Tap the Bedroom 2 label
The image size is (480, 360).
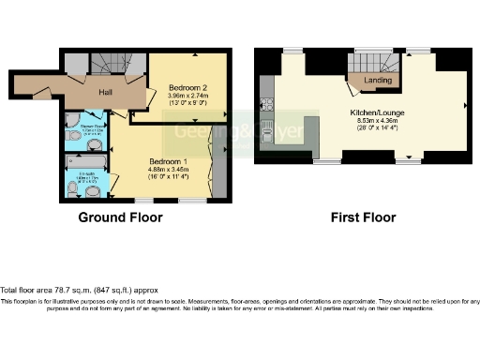[189, 86]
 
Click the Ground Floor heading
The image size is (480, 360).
[120, 217]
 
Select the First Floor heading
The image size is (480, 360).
[363, 217]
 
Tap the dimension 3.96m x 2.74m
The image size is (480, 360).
[189, 96]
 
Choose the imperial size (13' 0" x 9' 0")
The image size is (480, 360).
[189, 104]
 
